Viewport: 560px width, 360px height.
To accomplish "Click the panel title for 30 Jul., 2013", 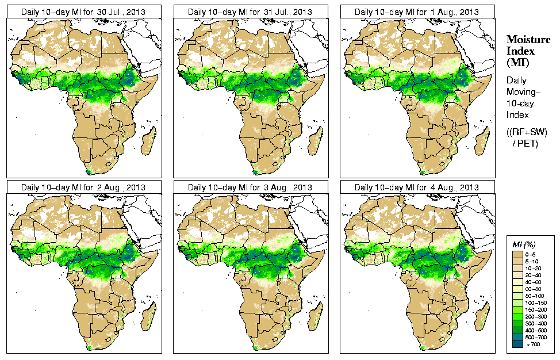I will pos(83,12).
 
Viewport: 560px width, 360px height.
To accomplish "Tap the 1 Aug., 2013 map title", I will pos(417,12).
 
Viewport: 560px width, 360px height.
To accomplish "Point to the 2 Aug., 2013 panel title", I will pos(83,187).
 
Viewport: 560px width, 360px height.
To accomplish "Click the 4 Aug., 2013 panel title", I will pos(417,187).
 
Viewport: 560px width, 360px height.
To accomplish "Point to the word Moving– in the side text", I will pos(524,92).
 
